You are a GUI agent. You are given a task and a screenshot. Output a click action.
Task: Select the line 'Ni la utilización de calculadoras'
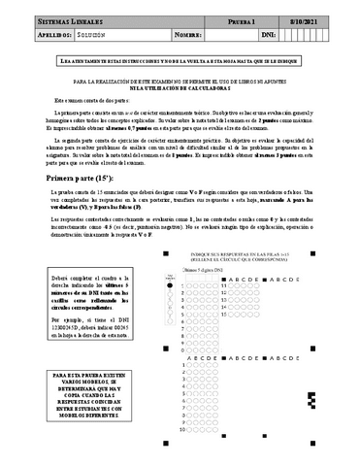[180, 87]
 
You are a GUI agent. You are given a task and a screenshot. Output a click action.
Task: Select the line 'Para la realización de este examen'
[180, 81]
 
